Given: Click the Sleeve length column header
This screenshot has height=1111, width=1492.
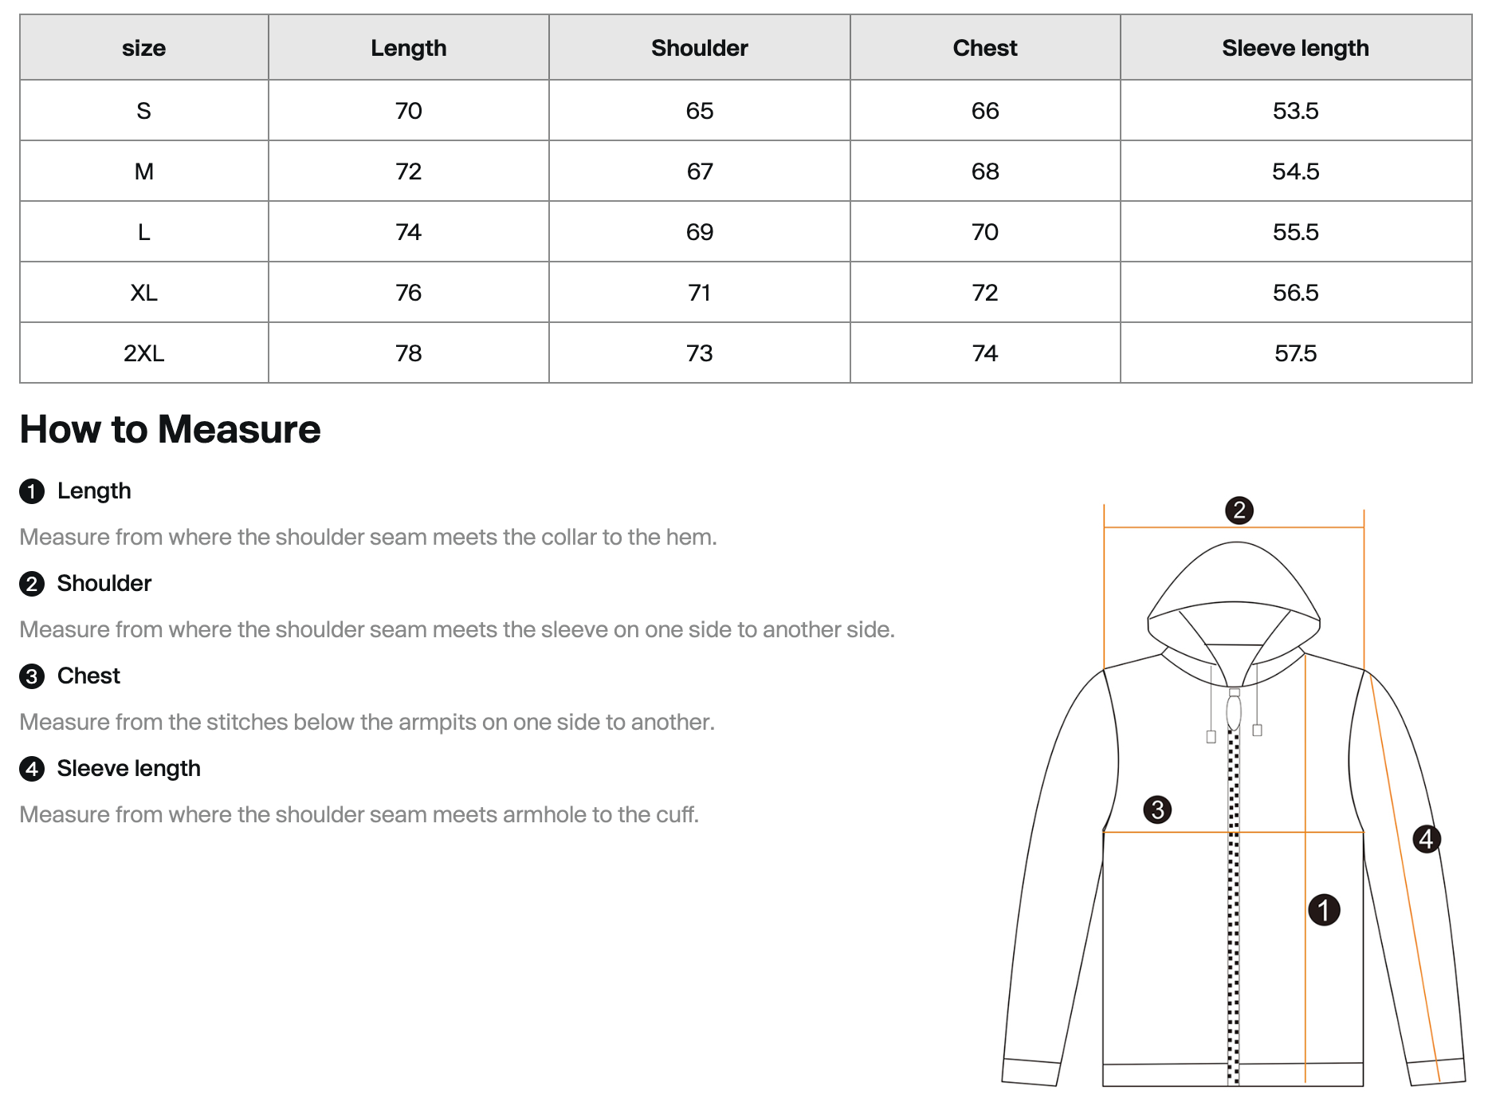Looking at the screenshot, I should click(x=1295, y=48).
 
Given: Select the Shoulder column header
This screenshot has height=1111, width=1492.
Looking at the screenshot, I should click(x=699, y=48).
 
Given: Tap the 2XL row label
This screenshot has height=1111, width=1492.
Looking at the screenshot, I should click(x=143, y=353).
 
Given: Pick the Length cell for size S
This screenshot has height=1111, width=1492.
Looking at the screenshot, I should click(x=408, y=110).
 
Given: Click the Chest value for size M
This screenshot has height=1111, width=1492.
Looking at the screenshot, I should click(x=985, y=171).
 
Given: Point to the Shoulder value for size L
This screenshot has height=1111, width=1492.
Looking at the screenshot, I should click(x=699, y=231).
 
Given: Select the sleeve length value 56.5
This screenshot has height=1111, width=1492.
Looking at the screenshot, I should click(x=1295, y=292).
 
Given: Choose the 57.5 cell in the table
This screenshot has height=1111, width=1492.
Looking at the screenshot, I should click(x=1295, y=353).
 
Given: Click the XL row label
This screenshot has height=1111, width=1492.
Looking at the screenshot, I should click(x=143, y=292).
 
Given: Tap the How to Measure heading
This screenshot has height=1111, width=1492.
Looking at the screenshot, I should click(x=170, y=429).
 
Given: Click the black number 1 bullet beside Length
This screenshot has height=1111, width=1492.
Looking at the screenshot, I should click(x=32, y=491).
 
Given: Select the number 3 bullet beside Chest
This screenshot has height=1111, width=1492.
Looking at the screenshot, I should click(x=32, y=676).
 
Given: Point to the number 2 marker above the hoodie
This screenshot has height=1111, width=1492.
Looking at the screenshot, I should click(x=1239, y=510).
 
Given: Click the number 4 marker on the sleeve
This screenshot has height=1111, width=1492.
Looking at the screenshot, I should click(x=1426, y=838).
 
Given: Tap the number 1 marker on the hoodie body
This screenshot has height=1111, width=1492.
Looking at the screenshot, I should click(x=1324, y=910).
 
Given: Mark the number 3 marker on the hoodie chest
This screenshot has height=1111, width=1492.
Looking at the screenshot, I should click(x=1157, y=810).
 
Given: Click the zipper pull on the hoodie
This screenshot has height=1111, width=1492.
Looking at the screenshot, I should click(x=1234, y=711).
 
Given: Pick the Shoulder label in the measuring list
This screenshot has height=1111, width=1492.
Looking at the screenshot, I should click(x=104, y=583).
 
